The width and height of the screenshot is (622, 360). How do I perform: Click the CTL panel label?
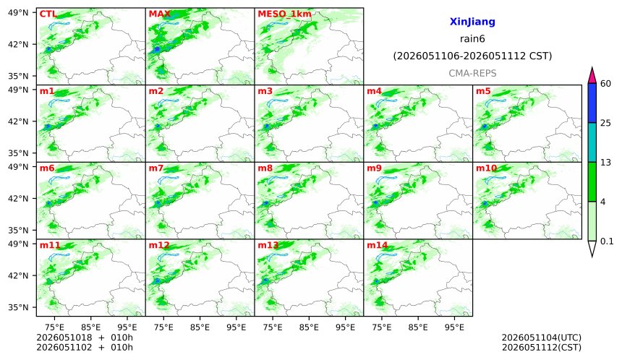point(48,14)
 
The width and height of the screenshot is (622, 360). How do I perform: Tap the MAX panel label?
point(159,14)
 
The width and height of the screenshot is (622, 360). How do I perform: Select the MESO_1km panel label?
point(284,14)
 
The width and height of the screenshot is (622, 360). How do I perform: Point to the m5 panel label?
point(483,91)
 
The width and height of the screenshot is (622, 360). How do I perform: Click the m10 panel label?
point(486,168)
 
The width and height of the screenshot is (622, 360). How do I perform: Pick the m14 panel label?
point(378,245)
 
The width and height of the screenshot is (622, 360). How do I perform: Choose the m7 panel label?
point(156,168)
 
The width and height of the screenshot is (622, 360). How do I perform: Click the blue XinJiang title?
point(472,22)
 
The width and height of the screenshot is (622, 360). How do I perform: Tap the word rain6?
point(472,39)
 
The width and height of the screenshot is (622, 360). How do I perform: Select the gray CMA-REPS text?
point(472,73)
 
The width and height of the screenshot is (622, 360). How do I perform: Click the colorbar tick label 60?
point(606,83)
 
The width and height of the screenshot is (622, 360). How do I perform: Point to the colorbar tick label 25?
point(606,123)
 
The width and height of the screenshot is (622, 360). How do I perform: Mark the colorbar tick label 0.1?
point(607,241)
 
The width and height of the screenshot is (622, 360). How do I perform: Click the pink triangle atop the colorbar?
point(592,76)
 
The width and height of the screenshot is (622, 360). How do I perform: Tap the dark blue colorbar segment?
point(592,103)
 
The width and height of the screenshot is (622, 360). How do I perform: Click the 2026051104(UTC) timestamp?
point(542,338)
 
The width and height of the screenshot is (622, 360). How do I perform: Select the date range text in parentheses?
point(472,56)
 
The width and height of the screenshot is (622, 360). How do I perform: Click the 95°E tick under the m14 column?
point(454,327)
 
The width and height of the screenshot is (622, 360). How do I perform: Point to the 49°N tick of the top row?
point(18,13)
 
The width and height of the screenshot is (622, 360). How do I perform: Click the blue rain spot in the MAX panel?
point(157,48)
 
